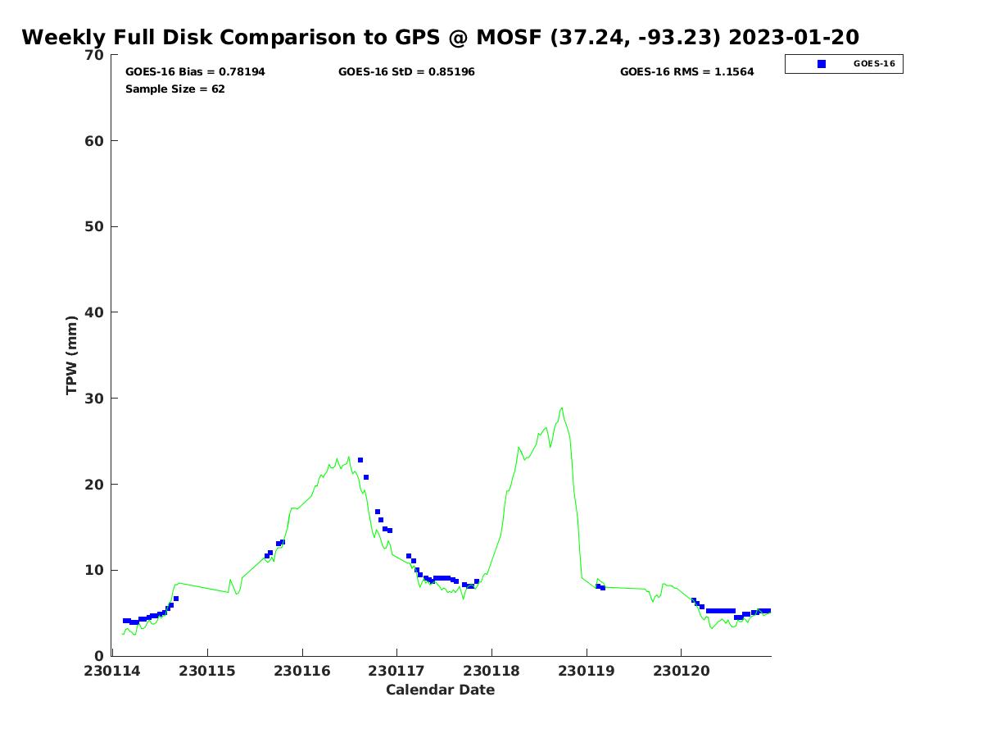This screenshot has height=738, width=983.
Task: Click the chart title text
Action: tap(440, 38)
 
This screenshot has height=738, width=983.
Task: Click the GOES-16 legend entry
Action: tap(844, 64)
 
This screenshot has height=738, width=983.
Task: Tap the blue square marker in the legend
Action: tap(822, 64)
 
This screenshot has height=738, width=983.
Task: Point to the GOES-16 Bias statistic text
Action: tap(195, 72)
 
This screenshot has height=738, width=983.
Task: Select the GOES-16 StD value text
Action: tap(406, 72)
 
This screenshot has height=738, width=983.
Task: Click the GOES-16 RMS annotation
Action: tap(686, 72)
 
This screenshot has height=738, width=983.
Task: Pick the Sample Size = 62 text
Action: tap(174, 89)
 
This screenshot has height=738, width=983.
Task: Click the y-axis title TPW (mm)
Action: tap(72, 355)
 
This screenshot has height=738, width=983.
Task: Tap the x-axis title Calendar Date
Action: tap(440, 690)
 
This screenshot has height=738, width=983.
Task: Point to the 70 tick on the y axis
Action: tap(95, 55)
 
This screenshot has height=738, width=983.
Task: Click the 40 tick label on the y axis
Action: tap(95, 312)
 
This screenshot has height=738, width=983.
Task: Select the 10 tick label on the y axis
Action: tap(95, 570)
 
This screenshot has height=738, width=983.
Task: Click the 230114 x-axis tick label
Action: tap(113, 671)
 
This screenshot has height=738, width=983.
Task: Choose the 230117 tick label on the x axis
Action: tap(396, 671)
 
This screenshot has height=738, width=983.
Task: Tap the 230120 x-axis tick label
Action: tap(681, 671)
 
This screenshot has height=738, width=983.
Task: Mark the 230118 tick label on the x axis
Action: tap(491, 671)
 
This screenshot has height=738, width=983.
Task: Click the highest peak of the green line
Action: tap(562, 408)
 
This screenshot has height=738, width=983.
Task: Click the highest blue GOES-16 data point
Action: tap(360, 460)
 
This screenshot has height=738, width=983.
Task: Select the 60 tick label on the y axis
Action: tap(95, 141)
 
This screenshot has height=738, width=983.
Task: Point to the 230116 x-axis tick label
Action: tap(302, 671)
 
